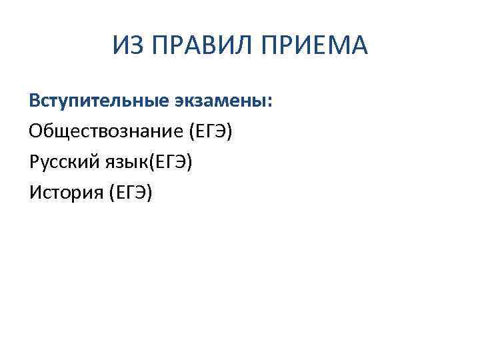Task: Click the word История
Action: point(61,193)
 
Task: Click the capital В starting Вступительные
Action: point(33,101)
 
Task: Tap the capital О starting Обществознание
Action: point(35,131)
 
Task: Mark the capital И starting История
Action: point(34,193)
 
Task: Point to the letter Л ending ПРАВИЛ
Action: point(239,46)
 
